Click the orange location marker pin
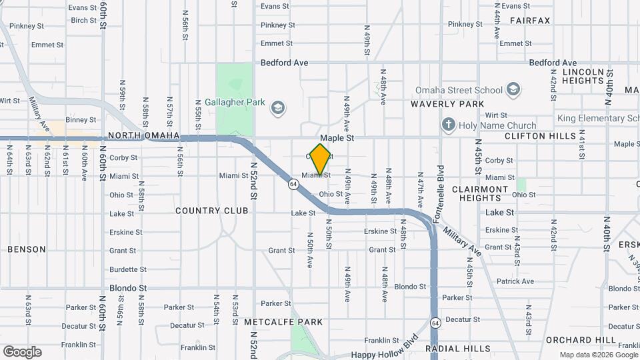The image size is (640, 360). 321,159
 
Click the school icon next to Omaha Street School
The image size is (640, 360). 513,89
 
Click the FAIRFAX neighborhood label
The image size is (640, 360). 530,21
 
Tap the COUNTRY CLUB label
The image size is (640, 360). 211,211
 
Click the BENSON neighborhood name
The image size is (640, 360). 27,249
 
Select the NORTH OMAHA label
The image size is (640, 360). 144,135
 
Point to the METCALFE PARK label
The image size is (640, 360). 283,322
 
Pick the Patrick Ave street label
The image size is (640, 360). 515,281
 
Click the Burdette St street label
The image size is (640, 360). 128,270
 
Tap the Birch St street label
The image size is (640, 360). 84,21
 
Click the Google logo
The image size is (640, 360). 22,352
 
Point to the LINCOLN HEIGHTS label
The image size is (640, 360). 583,76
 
